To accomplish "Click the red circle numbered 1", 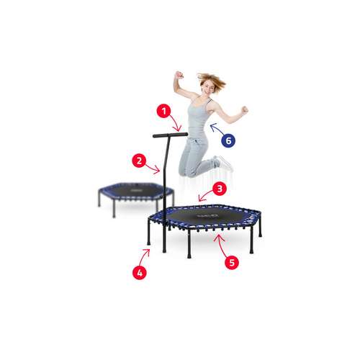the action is (x=163, y=111).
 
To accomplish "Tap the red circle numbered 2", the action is (x=139, y=161).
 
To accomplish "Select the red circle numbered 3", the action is (x=220, y=189).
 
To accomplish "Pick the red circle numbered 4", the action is (x=140, y=273).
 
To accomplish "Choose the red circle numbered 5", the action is (x=232, y=262).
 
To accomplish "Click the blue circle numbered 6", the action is (x=228, y=140).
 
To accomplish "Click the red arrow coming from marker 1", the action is (x=176, y=122).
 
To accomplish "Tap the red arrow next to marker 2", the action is (x=153, y=168).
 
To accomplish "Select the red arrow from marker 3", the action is (x=204, y=195).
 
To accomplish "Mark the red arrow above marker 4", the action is (x=143, y=257).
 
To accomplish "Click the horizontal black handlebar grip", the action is (x=171, y=135).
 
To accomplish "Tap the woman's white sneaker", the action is (x=224, y=163).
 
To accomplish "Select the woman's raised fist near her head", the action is (x=179, y=75).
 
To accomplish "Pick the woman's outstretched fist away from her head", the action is (x=244, y=110).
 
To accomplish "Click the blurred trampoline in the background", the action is (x=136, y=197).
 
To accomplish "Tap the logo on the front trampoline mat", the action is (x=207, y=216).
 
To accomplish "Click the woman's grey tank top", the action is (x=198, y=117).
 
